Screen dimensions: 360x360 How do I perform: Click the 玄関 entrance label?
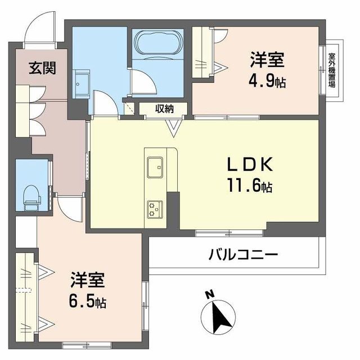coord(42,68)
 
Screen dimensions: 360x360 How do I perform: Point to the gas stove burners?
coord(154,209)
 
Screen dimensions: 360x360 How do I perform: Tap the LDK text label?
coord(250,164)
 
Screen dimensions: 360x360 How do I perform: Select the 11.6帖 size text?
coord(250,185)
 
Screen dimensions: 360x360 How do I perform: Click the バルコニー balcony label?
coord(243,255)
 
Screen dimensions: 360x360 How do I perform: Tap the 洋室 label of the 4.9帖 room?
coord(267,60)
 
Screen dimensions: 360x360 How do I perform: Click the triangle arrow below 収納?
coord(175,129)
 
